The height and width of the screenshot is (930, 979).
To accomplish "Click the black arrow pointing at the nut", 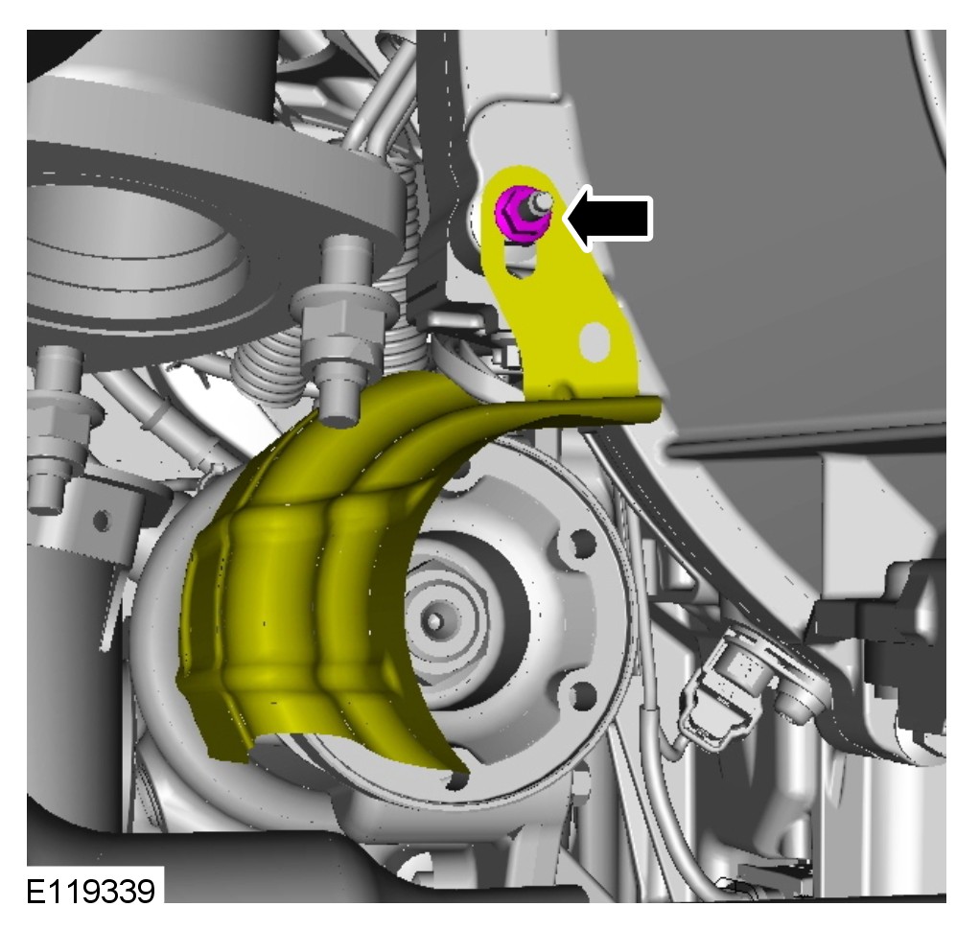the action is (x=609, y=218).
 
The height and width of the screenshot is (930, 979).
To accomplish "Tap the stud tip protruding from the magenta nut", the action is (x=542, y=202).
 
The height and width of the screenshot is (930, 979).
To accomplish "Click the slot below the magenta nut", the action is (x=521, y=261).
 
